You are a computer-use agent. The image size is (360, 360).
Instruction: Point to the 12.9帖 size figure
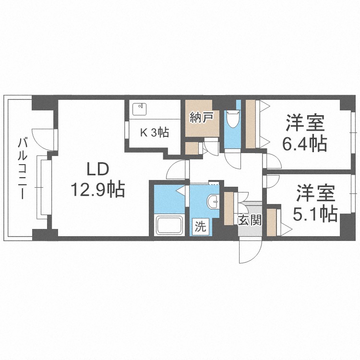(98, 190)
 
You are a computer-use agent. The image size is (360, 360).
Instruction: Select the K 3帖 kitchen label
(154, 133)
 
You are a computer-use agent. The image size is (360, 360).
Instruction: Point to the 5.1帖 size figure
(314, 214)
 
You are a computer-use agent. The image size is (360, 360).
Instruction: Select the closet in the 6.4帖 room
(251, 124)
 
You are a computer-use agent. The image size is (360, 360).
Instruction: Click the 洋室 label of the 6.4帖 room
(305, 123)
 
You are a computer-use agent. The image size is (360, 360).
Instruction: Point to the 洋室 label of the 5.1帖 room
(314, 194)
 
